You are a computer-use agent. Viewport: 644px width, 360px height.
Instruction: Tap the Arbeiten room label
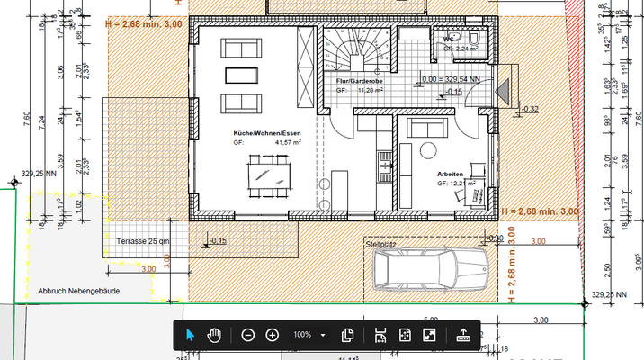point(450,173)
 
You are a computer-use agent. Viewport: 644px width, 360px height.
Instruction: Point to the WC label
point(447,40)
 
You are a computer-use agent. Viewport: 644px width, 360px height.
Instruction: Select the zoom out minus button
point(247,335)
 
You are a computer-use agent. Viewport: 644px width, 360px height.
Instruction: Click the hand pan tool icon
point(214,335)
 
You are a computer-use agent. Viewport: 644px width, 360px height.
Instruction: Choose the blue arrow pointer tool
point(190,335)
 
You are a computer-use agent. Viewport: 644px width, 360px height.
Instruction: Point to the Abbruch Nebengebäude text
point(78,292)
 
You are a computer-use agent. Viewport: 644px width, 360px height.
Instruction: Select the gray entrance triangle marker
point(504,91)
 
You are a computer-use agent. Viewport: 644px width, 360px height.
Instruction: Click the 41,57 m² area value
point(288,141)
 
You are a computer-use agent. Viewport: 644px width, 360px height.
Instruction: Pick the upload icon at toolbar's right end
point(463,335)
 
